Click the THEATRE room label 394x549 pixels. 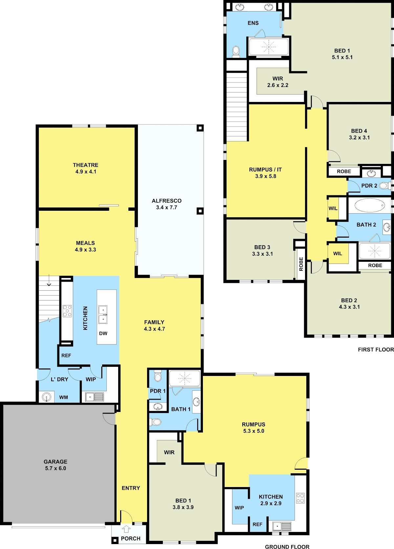click(85, 165)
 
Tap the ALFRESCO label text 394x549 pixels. click(167, 201)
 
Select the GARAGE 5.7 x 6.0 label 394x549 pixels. click(55, 465)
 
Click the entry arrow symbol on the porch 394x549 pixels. click(126, 529)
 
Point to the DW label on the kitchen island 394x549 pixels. click(103, 333)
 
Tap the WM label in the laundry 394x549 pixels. click(63, 397)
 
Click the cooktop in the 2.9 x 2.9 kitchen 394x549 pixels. click(300, 498)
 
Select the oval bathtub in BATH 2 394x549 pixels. click(370, 205)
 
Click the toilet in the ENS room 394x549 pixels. click(236, 51)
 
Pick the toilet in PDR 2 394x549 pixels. click(385, 186)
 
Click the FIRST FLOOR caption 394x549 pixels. click(376, 349)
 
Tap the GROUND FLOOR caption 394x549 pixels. click(287, 547)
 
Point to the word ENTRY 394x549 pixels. click(131, 488)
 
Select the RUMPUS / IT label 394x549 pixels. click(265, 169)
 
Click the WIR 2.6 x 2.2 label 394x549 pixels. click(278, 82)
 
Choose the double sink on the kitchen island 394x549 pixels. click(103, 315)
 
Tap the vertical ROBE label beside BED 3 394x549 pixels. click(301, 264)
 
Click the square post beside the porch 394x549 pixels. click(115, 540)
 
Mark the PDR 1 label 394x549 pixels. click(158, 391)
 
